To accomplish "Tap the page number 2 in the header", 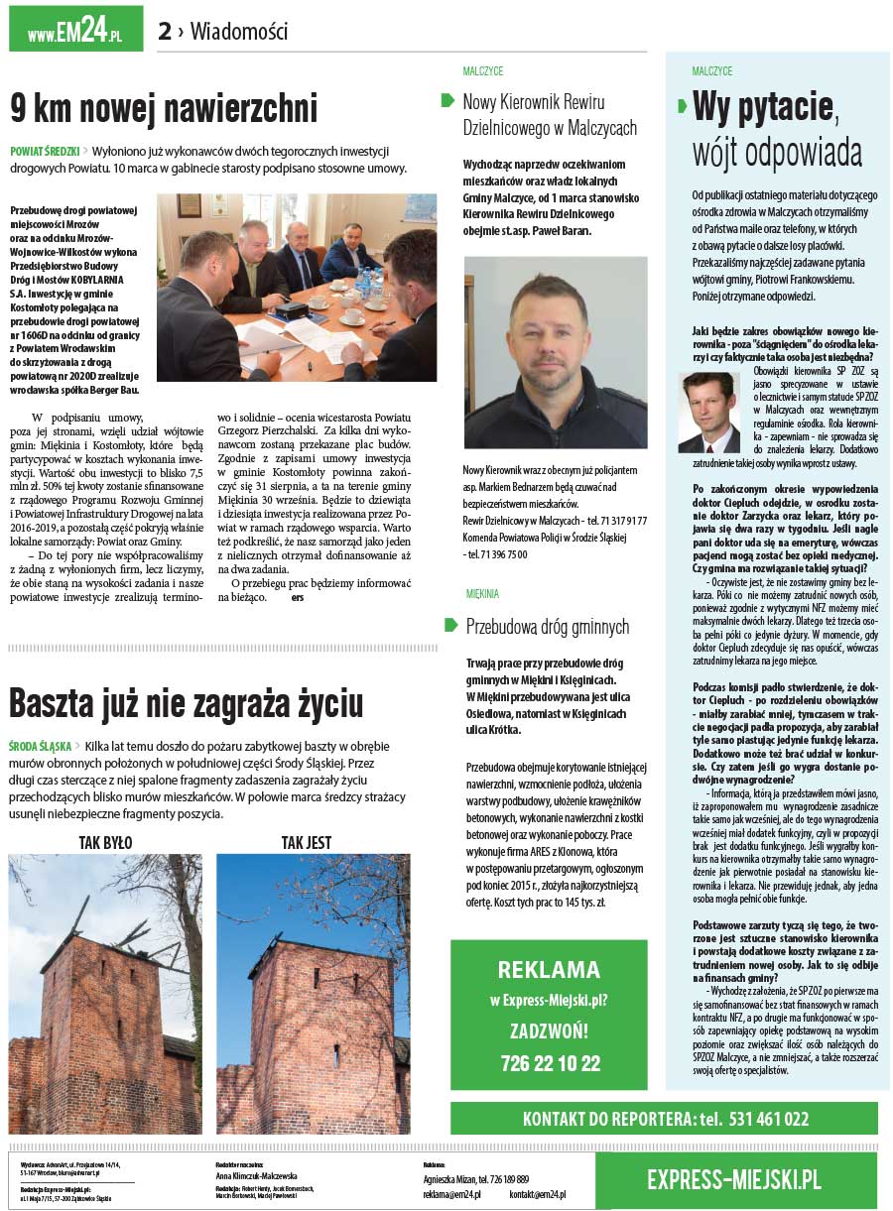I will [165, 32].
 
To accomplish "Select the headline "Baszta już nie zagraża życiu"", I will [186, 703].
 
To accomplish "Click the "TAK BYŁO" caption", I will [105, 842].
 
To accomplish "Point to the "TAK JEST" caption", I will [306, 842].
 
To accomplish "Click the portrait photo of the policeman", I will [556, 352].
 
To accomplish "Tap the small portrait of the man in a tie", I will [708, 413].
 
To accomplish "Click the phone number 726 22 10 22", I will [549, 1063].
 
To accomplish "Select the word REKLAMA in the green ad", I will [549, 969].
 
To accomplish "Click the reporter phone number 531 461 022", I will [768, 1119].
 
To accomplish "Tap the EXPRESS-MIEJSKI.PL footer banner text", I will [734, 1179].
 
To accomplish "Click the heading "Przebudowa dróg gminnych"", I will [547, 627].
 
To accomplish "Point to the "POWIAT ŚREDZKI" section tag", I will [45, 151].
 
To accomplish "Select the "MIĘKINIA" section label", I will [482, 594].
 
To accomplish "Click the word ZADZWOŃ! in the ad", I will [549, 1030].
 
